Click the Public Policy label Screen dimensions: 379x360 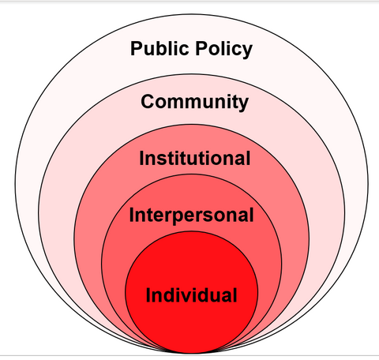(x=191, y=49)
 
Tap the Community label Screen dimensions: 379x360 (x=194, y=102)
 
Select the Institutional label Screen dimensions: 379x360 (x=195, y=158)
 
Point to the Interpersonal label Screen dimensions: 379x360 (x=191, y=216)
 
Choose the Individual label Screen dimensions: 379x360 (x=191, y=294)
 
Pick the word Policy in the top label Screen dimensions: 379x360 (x=224, y=50)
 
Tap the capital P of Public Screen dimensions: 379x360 (x=137, y=48)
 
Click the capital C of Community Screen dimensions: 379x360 (x=148, y=102)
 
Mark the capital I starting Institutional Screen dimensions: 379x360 (x=141, y=158)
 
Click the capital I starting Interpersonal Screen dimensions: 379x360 (x=131, y=215)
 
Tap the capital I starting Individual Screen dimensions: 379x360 (x=148, y=294)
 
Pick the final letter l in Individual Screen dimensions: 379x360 (x=235, y=294)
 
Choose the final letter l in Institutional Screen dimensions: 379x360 (x=249, y=158)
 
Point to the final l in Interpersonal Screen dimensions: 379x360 (x=252, y=215)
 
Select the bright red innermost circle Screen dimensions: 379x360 (x=191, y=292)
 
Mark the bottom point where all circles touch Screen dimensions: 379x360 (x=192, y=353)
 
